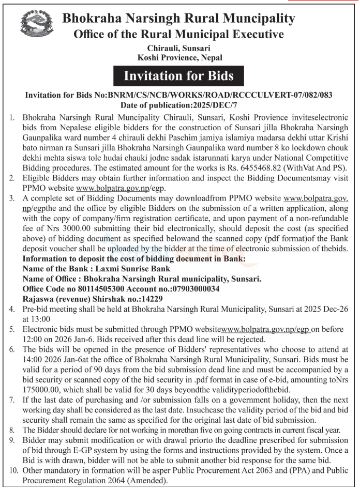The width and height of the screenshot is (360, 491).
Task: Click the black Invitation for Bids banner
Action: tap(179, 76)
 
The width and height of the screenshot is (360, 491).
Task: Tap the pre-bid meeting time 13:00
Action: tap(41, 318)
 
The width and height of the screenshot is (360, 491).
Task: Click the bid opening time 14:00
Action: tap(33, 358)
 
